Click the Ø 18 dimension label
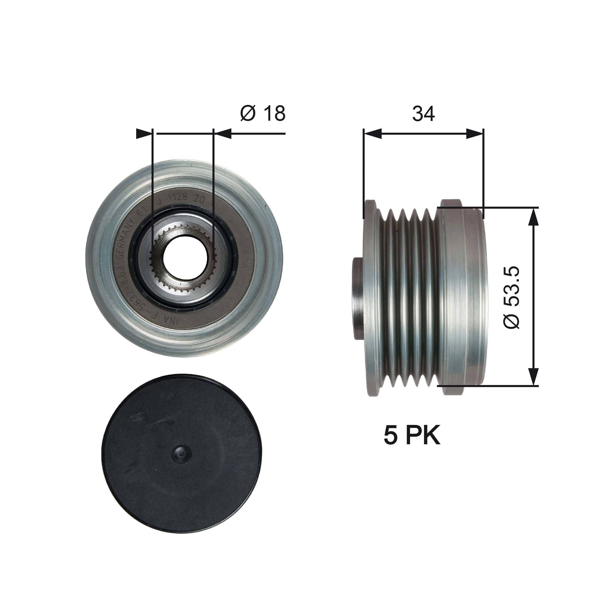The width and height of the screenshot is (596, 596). coord(263,114)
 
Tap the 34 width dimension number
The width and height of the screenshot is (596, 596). coord(423,114)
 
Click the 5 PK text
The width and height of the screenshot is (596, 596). coord(412,436)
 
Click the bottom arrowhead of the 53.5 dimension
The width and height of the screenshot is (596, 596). coord(533,377)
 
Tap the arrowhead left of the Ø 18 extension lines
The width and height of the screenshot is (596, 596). coord(144,134)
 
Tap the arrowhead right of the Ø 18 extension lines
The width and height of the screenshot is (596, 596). coord(223,134)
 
